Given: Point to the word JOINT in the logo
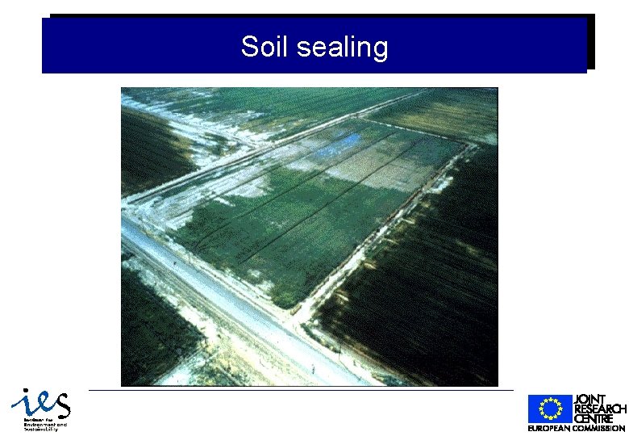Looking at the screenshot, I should tap(589, 400).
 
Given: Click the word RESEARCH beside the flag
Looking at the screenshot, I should tap(599, 409).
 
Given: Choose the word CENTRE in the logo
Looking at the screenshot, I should tap(594, 418).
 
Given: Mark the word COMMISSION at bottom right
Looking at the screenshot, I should tap(600, 428).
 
